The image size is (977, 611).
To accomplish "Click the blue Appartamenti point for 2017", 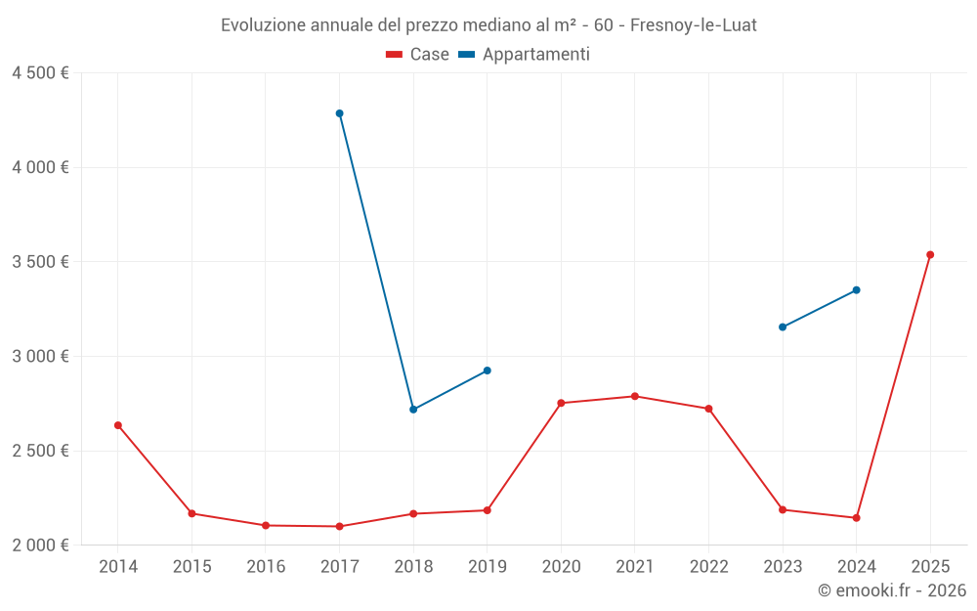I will point(339,113).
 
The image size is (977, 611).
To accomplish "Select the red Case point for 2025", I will point(930,254).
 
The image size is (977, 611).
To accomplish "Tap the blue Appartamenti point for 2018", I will point(413,410).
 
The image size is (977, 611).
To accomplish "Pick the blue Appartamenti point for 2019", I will point(488,371).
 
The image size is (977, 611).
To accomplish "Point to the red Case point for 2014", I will point(118,425).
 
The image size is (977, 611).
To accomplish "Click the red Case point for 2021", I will point(635,396).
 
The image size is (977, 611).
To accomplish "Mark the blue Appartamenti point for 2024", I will point(856,289).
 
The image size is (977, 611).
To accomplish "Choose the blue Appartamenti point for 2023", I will point(783,327).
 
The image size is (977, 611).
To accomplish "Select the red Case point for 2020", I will point(561,403).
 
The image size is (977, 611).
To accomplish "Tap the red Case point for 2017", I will point(339,526).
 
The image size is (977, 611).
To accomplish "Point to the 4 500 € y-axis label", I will point(40,73).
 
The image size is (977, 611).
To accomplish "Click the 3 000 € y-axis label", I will point(40,357).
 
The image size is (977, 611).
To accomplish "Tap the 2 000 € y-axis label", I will point(40,546).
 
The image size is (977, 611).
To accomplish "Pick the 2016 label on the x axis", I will point(266,567).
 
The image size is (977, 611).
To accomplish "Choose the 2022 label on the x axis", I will point(708,567).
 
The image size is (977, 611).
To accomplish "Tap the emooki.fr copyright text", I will point(892,590).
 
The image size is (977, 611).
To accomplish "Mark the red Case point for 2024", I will point(856,517).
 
